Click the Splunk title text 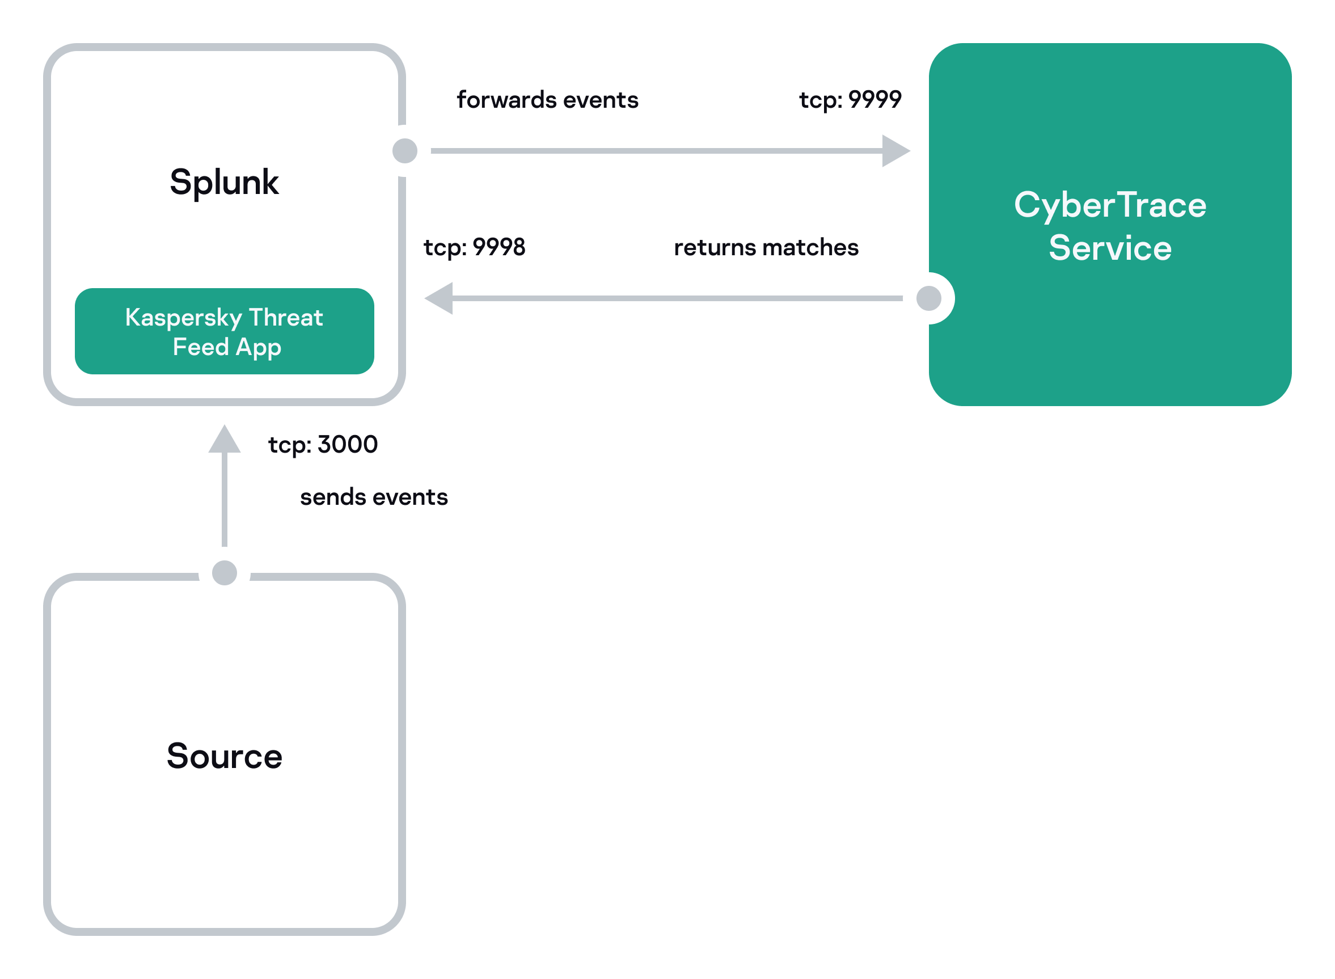pos(224,182)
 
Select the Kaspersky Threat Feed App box pos(224,331)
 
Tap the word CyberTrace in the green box pos(1109,206)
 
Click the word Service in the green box pos(1109,248)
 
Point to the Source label pos(224,756)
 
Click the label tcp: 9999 pos(850,100)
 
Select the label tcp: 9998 pos(474,247)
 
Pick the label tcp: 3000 pos(322,445)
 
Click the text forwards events pos(547,100)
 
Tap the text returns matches pos(766,247)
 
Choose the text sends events pos(373,497)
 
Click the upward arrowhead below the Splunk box pos(224,440)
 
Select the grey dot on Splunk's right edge pos(405,150)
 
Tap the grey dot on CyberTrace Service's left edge pos(928,298)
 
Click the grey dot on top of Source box pos(224,572)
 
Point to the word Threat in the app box pos(286,318)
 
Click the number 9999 pos(874,100)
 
